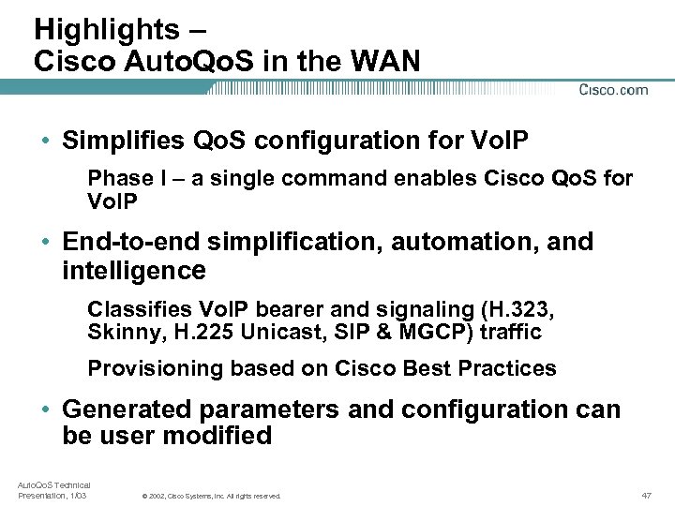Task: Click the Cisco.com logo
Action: click(x=613, y=90)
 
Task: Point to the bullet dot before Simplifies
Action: click(x=45, y=141)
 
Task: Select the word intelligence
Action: click(x=133, y=272)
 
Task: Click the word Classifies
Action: click(x=135, y=309)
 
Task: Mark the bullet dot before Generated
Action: click(x=45, y=410)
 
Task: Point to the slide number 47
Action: click(x=646, y=495)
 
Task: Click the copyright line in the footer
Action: click(x=211, y=496)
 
